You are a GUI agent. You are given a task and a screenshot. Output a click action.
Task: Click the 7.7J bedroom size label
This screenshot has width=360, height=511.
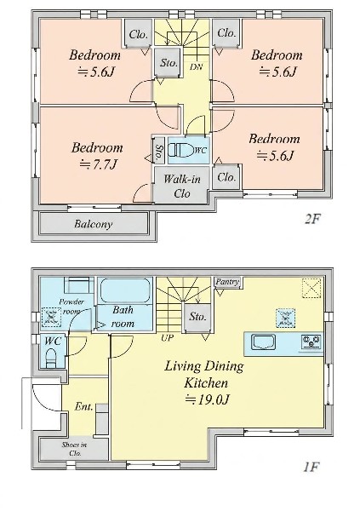[x=98, y=164]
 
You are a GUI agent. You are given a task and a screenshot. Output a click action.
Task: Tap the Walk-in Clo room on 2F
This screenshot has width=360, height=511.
[x=181, y=186]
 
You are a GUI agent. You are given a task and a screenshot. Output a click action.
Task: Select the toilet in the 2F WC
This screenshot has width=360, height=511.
[x=181, y=150]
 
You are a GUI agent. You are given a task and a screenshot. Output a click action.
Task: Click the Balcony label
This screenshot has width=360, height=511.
[x=93, y=224]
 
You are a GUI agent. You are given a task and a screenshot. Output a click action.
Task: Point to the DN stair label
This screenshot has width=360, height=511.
[x=196, y=67]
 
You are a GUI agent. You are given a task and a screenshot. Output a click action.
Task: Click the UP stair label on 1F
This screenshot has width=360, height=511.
[x=167, y=338]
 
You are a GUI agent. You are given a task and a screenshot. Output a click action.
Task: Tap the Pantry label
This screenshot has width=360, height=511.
[x=227, y=282]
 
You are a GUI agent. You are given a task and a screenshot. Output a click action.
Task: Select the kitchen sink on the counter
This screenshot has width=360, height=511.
[x=264, y=343]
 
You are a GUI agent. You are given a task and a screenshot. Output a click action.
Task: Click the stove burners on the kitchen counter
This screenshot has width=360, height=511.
[x=311, y=342]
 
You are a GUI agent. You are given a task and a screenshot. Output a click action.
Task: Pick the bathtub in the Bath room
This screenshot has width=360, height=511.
[x=125, y=290]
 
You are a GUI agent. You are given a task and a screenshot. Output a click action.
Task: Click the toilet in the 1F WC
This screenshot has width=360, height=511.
[x=51, y=358]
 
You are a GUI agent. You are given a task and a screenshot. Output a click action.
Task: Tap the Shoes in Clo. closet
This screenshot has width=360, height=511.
[x=74, y=449]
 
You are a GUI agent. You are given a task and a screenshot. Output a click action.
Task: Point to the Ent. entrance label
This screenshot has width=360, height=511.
[x=84, y=406]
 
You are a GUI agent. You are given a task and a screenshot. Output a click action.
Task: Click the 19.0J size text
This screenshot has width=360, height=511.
[x=207, y=399]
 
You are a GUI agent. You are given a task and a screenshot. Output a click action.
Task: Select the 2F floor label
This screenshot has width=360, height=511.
[x=311, y=220]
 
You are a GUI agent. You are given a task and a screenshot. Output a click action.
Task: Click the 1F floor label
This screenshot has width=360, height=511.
[x=310, y=468]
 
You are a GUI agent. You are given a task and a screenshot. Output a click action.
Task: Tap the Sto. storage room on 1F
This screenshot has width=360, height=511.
[x=197, y=317]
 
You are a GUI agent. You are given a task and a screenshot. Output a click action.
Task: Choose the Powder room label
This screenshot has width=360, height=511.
[x=71, y=307]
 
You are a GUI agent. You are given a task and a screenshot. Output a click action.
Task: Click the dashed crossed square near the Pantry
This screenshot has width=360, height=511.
[x=311, y=288]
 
